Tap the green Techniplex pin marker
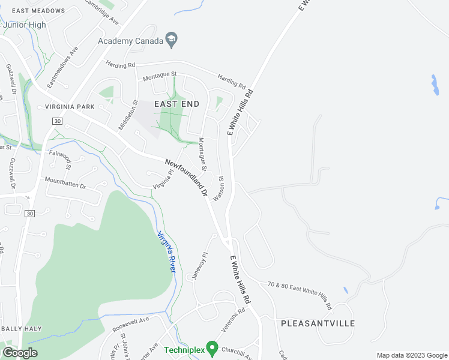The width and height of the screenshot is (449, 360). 211,347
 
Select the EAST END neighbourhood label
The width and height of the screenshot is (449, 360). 176,103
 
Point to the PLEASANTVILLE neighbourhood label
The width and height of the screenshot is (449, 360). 318,323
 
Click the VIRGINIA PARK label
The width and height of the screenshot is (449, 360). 70,107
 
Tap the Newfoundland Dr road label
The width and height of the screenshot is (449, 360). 186,179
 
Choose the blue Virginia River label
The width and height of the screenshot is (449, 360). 166,252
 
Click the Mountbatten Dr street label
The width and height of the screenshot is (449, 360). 65,182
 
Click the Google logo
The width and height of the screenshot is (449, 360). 20,353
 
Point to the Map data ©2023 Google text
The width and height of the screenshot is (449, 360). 412,355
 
